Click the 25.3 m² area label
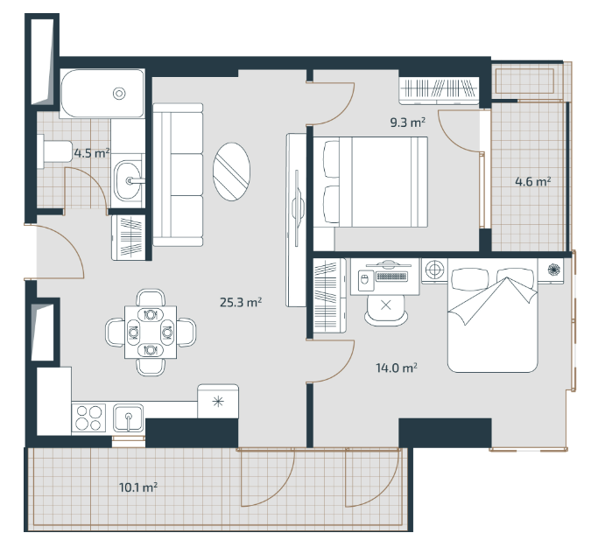[x=241, y=302]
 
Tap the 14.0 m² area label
[x=397, y=368]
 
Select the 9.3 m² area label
[x=408, y=123]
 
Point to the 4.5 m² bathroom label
[x=92, y=153]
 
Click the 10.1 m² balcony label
[x=138, y=487]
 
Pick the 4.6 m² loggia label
[x=533, y=182]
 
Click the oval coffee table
[x=231, y=172]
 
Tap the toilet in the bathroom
[x=55, y=152]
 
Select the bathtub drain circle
[x=119, y=93]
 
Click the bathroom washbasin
[x=127, y=180]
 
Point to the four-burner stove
[x=89, y=417]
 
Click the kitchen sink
[x=129, y=417]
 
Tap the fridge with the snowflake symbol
[x=218, y=402]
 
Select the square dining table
[x=151, y=332]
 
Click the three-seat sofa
[x=178, y=174]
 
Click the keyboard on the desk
[x=391, y=277]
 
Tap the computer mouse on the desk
[x=364, y=279]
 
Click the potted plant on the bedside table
[x=553, y=270]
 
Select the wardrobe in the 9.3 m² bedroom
[x=439, y=90]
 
